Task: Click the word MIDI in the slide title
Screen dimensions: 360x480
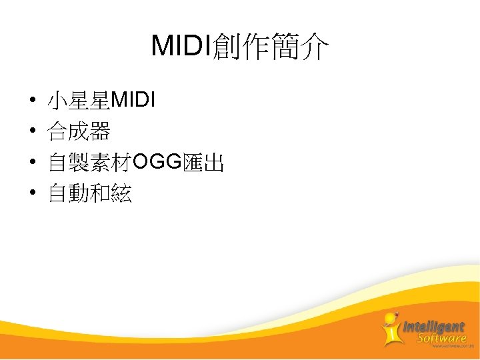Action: point(181,46)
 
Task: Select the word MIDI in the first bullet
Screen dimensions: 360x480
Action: point(133,101)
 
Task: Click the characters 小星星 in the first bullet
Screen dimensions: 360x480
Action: point(79,101)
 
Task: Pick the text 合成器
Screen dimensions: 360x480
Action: point(79,132)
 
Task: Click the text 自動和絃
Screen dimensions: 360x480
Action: point(89,193)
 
